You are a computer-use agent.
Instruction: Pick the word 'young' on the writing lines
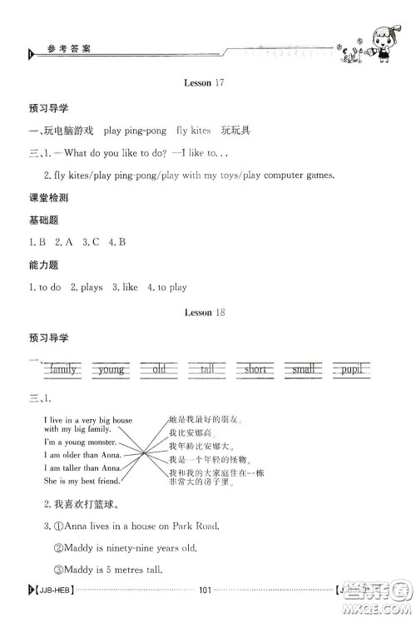tap(111, 368)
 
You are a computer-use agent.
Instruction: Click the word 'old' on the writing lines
tap(159, 368)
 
